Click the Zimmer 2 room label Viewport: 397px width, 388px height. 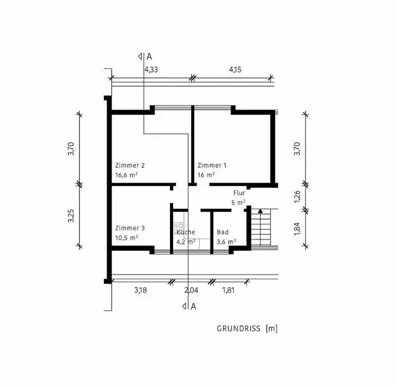click(130, 165)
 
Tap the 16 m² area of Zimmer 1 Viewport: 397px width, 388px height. click(206, 175)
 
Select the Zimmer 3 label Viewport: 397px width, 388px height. click(130, 228)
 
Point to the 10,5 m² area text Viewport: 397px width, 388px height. click(127, 238)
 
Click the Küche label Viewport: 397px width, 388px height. click(186, 232)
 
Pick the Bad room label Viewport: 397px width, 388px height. click(223, 232)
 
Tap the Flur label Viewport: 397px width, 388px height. click(239, 193)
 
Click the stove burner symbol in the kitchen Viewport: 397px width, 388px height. click(179, 228)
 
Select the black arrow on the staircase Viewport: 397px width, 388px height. click(260, 211)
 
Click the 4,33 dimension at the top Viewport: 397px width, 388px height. click(151, 70)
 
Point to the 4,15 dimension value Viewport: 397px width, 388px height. click(235, 70)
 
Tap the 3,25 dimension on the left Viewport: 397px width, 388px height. click(71, 216)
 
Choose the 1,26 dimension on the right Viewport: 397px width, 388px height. click(297, 197)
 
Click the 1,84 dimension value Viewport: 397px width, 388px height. click(297, 229)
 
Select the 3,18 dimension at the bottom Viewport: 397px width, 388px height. click(140, 290)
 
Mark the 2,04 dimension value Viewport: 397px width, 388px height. click(191, 290)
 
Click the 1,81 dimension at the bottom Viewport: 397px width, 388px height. click(228, 290)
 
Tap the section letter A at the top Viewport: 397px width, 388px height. click(149, 57)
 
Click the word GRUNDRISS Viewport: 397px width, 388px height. click(239, 329)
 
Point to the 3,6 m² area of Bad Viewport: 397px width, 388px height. click(227, 242)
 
